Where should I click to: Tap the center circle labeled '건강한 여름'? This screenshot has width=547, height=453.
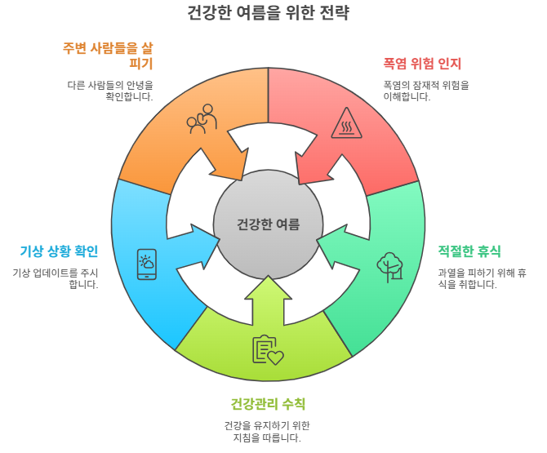click(268, 224)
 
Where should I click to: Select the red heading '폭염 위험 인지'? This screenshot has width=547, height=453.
click(422, 64)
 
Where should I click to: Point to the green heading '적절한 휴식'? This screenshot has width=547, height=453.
click(469, 251)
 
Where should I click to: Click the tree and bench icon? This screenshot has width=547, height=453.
click(390, 264)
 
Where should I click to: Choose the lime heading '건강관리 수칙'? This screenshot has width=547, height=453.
click(268, 403)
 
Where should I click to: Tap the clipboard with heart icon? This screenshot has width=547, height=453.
click(267, 349)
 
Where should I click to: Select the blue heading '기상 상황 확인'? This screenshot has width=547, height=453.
click(59, 251)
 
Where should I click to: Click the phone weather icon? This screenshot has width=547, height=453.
click(147, 264)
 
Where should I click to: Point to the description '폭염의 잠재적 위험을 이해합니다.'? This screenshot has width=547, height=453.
click(420, 91)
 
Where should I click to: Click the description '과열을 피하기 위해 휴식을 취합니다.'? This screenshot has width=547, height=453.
click(481, 278)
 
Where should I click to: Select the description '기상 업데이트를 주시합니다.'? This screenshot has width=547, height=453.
click(56, 278)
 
